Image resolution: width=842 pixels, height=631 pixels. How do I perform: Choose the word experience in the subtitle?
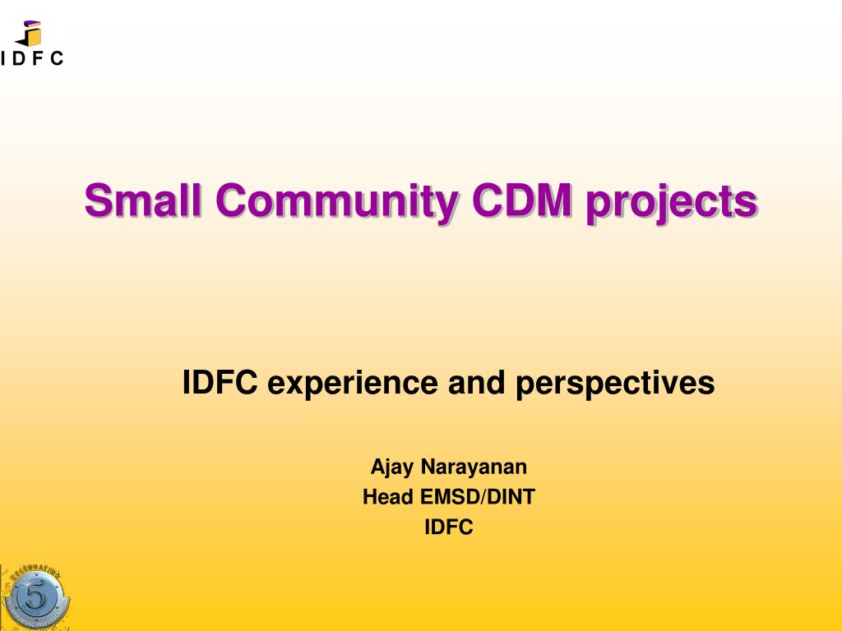point(353,384)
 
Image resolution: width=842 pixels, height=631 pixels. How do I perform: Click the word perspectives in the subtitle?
point(615,384)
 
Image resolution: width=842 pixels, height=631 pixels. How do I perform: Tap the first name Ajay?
point(392,467)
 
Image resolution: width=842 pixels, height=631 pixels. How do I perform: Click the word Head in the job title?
point(388,497)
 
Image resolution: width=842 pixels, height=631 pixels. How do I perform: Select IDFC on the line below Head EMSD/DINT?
point(449,527)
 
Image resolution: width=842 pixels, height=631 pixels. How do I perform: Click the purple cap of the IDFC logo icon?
point(32,24)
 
